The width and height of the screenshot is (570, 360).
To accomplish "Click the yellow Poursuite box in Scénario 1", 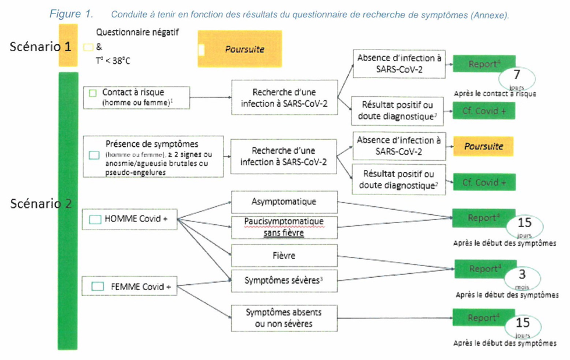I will (x=239, y=50).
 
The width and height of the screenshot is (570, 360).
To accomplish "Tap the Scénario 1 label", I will (x=41, y=47).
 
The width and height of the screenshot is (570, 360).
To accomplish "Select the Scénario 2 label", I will (x=41, y=204).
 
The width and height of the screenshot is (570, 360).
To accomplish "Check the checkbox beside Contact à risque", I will (x=93, y=93).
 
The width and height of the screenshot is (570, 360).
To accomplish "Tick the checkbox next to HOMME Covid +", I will (x=95, y=220).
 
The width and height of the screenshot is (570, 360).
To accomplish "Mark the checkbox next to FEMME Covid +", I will (x=98, y=286).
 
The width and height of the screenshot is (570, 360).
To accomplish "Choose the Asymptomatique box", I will (x=284, y=202).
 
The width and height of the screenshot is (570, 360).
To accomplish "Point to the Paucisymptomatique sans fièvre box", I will (x=284, y=227).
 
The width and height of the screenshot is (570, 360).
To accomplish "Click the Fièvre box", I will (x=284, y=255).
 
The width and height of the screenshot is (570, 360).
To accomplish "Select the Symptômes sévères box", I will (x=284, y=281).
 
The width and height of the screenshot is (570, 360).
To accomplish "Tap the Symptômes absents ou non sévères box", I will (x=284, y=318).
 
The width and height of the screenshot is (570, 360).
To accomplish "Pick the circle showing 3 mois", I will (x=522, y=277).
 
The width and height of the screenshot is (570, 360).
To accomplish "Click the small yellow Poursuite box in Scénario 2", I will (x=483, y=147).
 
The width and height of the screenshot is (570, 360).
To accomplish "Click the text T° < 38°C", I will (x=112, y=61).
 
